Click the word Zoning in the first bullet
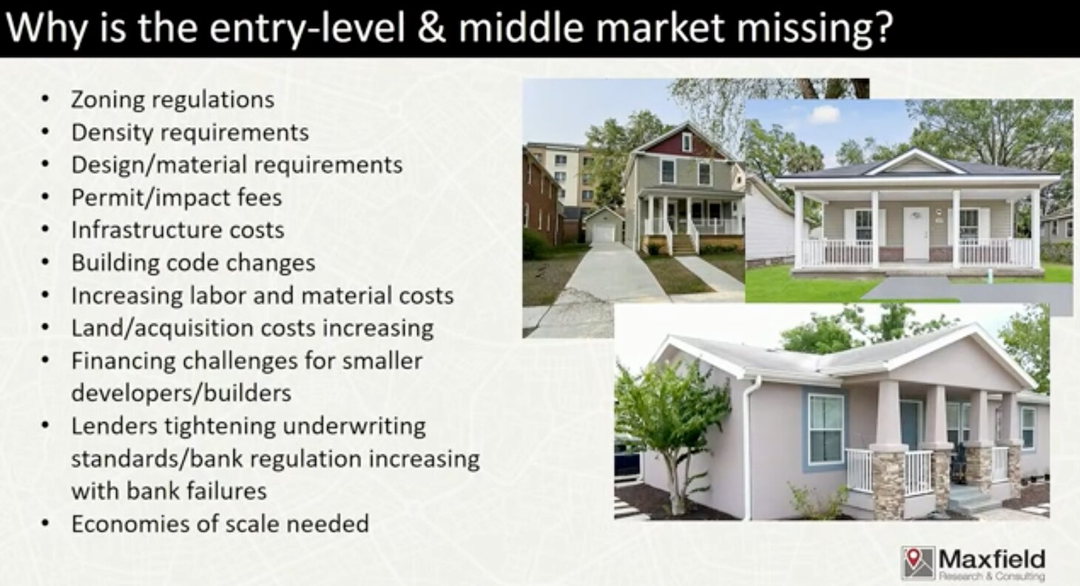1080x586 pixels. [107, 100]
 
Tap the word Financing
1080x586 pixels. [124, 361]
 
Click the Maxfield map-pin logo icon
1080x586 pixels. [918, 562]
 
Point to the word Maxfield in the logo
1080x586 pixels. [992, 559]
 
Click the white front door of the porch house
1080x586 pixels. [916, 234]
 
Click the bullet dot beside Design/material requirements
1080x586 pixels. [45, 164]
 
